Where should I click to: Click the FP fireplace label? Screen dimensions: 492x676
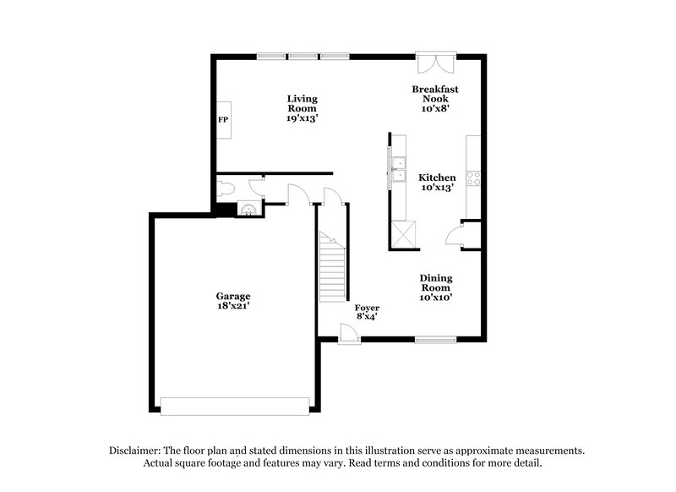tap(223, 120)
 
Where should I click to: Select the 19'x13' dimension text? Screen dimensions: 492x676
tap(301, 118)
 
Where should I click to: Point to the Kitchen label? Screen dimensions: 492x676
tap(437, 178)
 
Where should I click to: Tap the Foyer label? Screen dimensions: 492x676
tap(366, 307)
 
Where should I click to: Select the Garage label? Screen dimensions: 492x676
tap(232, 296)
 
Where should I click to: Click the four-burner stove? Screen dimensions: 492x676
tap(473, 178)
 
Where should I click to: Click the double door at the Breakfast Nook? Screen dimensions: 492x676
tap(436, 63)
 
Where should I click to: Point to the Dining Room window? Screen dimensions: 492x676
tap(436, 340)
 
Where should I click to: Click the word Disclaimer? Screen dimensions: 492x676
tap(137, 451)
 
